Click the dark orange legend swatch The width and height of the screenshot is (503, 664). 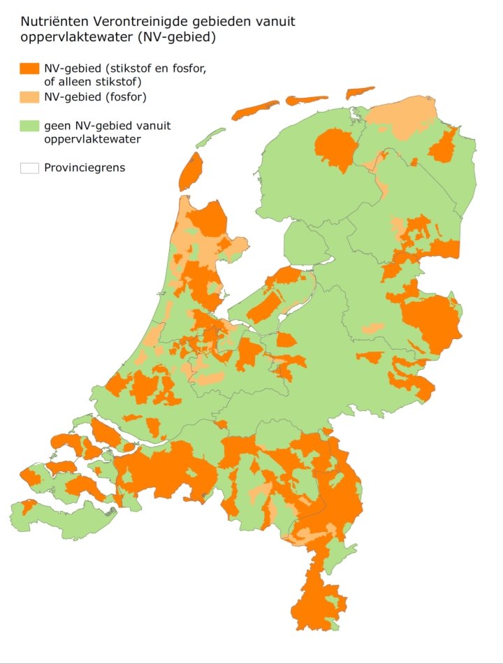[x=29, y=68]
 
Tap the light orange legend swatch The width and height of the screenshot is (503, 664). [x=29, y=96]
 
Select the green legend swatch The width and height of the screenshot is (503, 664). [x=29, y=127]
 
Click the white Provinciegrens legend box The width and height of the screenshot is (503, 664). [x=29, y=168]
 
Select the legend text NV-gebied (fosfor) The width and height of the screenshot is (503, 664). [x=94, y=96]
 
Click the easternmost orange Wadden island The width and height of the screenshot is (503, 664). [x=360, y=92]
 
